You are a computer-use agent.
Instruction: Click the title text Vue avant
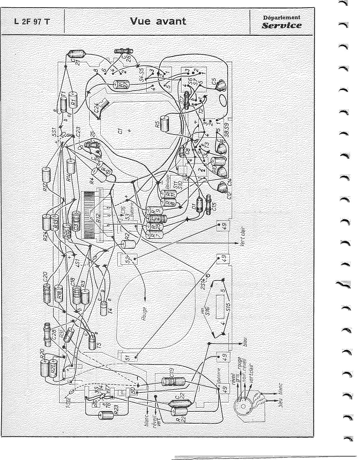[x=158, y=21]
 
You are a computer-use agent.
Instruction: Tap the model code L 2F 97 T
[x=32, y=22]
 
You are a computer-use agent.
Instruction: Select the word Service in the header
[x=282, y=25]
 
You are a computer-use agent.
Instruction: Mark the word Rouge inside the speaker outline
[x=144, y=314]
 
